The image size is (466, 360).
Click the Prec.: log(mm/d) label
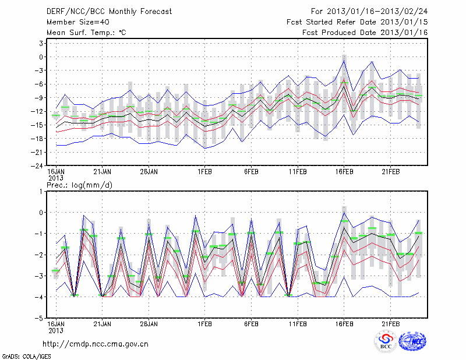tap(80, 185)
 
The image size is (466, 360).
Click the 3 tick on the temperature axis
tap(41, 43)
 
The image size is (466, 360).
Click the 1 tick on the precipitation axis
tap(41, 191)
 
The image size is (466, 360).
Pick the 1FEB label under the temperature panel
tap(204, 172)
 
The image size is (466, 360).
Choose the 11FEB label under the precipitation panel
tap(298, 325)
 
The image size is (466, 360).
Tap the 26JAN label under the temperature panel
tap(149, 172)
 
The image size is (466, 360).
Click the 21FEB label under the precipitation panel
tap(391, 325)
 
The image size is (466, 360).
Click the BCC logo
tap(386, 341)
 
